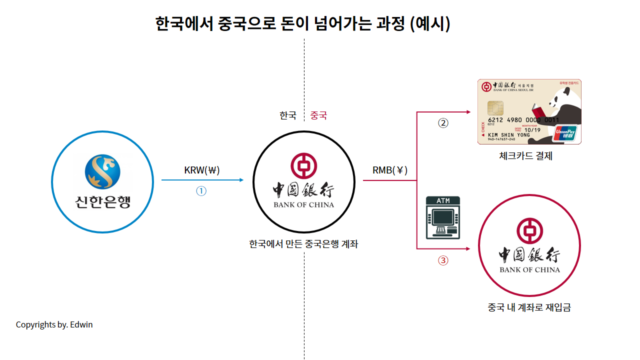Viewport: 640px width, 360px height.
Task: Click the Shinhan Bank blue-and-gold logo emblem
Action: click(x=102, y=171)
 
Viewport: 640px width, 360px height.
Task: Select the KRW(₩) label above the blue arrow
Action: click(x=202, y=170)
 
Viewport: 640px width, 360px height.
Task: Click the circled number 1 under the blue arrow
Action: click(x=201, y=191)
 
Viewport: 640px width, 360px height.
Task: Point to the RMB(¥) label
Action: click(x=390, y=170)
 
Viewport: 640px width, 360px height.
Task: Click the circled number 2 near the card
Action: click(x=443, y=123)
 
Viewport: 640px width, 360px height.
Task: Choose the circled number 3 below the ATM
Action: click(x=443, y=260)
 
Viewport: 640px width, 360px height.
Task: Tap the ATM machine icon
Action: click(x=442, y=218)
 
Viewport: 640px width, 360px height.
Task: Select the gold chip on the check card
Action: click(x=495, y=107)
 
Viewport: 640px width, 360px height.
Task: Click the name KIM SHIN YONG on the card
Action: click(x=508, y=135)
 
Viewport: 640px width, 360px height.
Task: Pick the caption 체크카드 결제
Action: click(x=525, y=156)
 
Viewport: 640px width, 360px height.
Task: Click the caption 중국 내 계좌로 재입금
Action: click(x=529, y=307)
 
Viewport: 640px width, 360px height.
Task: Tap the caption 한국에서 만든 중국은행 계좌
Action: click(x=303, y=244)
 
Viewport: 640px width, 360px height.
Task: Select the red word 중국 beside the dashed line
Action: click(x=318, y=115)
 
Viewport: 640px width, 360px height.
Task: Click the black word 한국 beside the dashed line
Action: click(x=288, y=115)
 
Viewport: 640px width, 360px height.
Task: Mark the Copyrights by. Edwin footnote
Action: click(x=54, y=324)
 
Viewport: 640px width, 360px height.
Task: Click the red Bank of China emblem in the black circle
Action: click(x=304, y=166)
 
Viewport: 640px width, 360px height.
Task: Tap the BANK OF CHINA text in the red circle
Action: click(x=529, y=270)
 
